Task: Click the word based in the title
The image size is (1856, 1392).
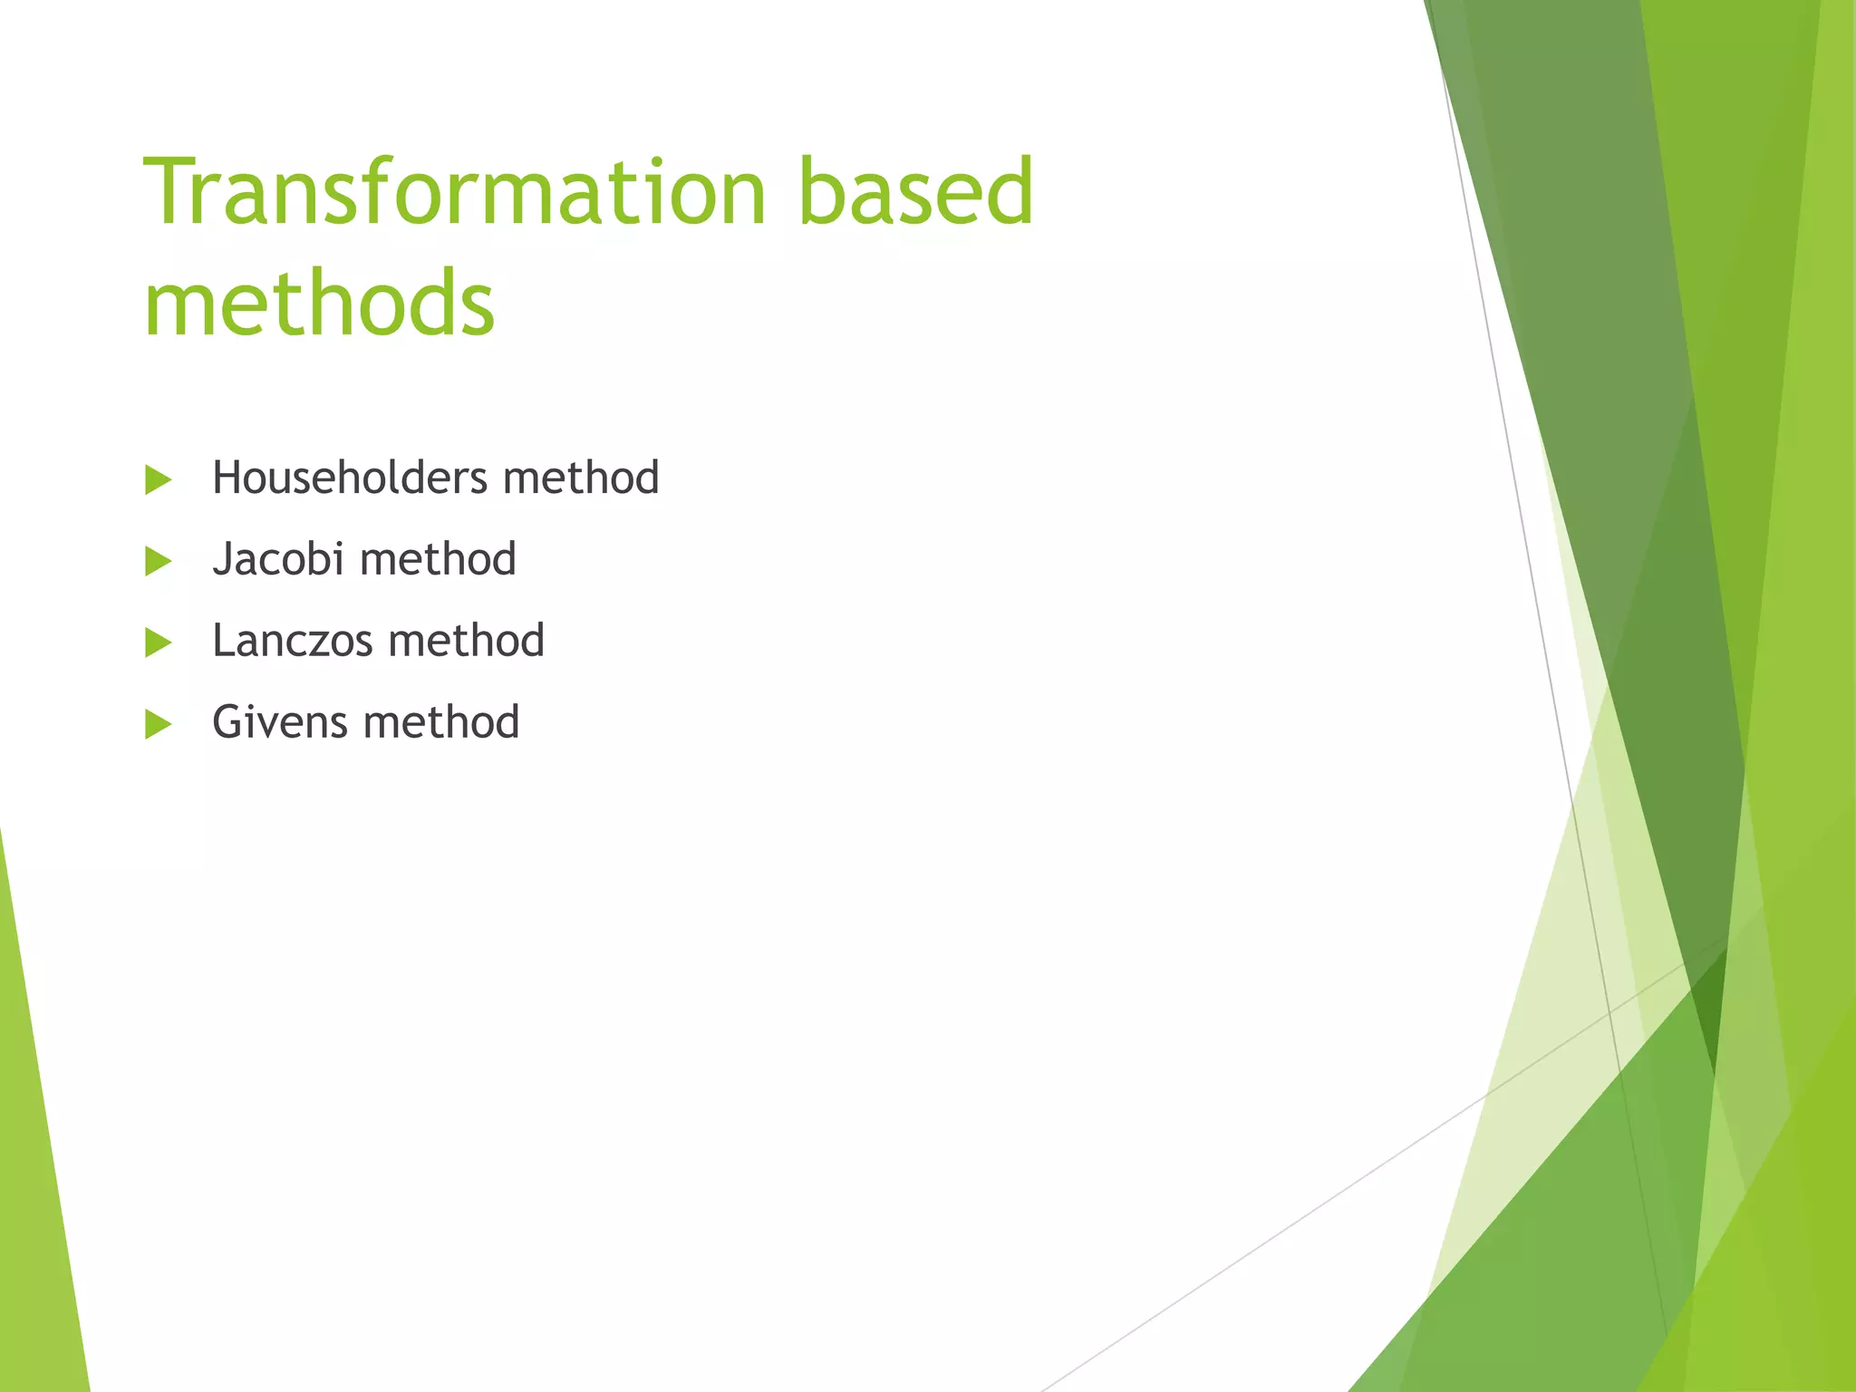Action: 915,192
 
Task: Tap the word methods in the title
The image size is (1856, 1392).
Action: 319,304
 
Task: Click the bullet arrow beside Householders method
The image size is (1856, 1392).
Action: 158,479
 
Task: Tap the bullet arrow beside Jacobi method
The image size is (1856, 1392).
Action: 158,561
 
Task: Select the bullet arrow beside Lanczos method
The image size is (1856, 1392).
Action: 158,643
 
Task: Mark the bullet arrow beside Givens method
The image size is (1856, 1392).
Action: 158,724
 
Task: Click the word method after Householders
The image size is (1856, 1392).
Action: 581,478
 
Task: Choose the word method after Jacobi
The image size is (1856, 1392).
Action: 439,559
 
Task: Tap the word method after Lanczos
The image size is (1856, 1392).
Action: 467,641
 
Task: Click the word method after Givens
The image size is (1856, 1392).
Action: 441,722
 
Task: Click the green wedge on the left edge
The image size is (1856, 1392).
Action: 36,1178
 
